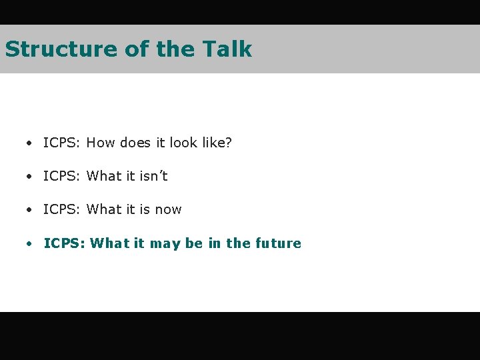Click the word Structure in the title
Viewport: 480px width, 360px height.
tap(61, 49)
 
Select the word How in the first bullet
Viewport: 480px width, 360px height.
tap(101, 143)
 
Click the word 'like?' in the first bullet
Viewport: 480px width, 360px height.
tap(215, 143)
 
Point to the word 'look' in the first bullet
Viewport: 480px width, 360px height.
tap(183, 143)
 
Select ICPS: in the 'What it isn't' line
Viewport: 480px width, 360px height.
tap(62, 176)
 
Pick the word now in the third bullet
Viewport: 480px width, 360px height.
tap(168, 209)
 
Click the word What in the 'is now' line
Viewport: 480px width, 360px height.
tap(105, 209)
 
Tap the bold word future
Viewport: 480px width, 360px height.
tap(278, 243)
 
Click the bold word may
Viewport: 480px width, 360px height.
tap(165, 244)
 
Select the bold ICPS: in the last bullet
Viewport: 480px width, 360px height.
tap(64, 243)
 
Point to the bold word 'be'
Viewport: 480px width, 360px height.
tap(194, 243)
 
